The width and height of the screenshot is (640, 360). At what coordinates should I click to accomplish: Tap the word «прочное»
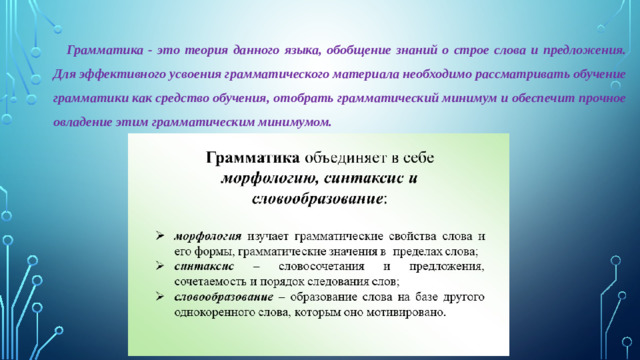pos(599,99)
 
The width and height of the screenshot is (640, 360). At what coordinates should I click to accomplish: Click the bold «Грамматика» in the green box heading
pos(251,158)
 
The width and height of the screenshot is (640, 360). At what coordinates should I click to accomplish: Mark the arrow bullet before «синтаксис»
pos(160,267)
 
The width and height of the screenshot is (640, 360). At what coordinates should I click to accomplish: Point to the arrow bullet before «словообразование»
pos(160,297)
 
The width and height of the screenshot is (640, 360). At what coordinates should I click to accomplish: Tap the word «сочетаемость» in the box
pos(214,281)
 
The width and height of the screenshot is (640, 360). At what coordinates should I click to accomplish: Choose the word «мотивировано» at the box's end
pos(402,312)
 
